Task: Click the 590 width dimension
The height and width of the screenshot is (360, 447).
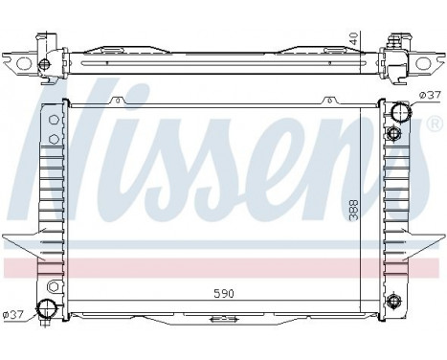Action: [x=223, y=292]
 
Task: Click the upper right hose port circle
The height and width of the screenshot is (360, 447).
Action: [x=398, y=112]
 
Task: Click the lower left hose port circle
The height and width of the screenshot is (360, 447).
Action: [x=45, y=308]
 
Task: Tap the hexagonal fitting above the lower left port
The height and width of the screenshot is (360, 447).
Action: [x=46, y=285]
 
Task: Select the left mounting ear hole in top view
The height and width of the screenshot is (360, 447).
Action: [x=44, y=64]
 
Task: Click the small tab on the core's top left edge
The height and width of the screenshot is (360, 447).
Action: [x=115, y=99]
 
